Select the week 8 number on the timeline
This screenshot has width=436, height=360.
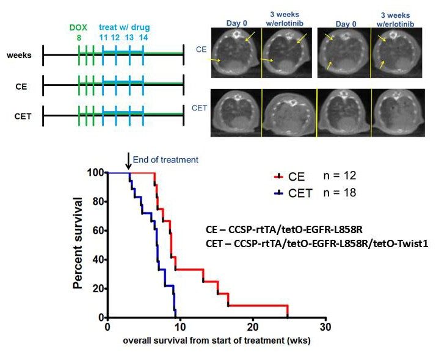tap(79, 38)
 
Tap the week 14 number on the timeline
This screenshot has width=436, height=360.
tap(144, 38)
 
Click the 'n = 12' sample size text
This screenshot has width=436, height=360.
tap(339, 176)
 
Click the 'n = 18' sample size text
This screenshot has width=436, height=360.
tap(339, 193)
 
